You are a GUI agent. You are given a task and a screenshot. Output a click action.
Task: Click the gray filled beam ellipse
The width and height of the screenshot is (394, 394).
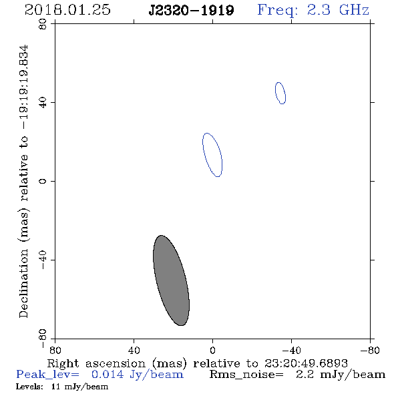(x=171, y=280)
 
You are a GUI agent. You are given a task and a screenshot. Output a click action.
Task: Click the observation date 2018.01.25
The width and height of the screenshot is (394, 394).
(x=67, y=10)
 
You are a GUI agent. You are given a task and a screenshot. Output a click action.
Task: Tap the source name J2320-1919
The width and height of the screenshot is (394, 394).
(x=191, y=10)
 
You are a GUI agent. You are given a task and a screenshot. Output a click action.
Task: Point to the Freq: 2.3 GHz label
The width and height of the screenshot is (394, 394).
(x=313, y=10)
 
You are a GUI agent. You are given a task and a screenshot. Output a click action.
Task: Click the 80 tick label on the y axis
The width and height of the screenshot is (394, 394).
(x=43, y=24)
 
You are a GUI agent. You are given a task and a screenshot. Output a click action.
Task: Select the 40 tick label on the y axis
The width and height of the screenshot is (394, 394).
(x=43, y=103)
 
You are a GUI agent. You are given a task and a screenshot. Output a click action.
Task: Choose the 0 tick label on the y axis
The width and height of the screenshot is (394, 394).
(x=43, y=181)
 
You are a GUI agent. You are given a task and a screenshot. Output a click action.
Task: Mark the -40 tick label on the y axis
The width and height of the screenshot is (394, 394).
(x=43, y=260)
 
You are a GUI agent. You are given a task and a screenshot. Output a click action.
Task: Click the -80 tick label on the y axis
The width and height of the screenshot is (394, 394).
(x=43, y=339)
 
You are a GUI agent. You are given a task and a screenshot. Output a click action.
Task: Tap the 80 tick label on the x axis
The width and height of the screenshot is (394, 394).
(x=55, y=351)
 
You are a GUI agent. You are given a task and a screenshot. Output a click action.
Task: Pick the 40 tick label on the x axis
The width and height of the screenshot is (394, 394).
(x=134, y=351)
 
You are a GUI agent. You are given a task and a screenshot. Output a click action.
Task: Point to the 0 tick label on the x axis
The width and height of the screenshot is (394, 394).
(x=212, y=351)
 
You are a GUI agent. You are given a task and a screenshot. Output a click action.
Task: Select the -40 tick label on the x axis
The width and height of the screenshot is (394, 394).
(x=291, y=351)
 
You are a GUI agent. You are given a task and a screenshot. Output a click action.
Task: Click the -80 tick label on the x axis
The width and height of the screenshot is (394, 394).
(x=370, y=351)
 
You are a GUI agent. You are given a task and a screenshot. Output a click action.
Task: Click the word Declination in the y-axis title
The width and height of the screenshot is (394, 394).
(x=23, y=284)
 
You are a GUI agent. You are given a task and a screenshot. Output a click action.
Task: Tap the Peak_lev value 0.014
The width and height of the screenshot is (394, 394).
(x=108, y=375)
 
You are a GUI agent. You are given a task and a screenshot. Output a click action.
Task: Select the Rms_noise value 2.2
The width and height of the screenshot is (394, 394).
(x=305, y=375)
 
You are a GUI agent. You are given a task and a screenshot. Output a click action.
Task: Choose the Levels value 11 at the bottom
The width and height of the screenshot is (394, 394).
(x=55, y=386)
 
